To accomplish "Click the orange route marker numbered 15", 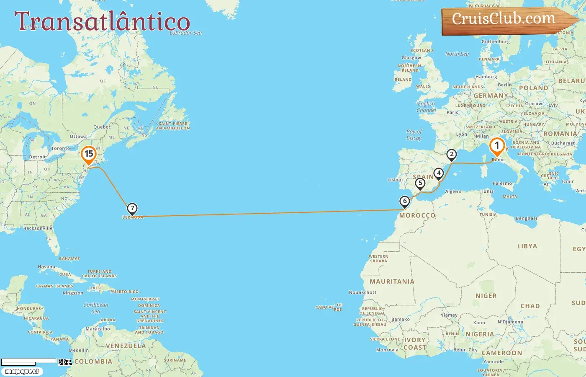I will click(89, 154).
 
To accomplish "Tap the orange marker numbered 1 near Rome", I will click(497, 146).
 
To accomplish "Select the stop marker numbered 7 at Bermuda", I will click(132, 208).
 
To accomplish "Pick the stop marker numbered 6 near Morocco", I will click(405, 201).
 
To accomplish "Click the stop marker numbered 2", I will click(451, 155).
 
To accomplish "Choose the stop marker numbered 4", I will click(438, 173).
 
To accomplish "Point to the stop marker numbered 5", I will click(420, 183).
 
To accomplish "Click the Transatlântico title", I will click(103, 21).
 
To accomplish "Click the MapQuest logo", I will click(22, 372).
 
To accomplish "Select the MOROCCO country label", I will click(417, 215).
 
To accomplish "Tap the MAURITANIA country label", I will click(392, 281).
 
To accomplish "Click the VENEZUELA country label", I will click(126, 346).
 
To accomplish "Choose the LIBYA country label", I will click(527, 246).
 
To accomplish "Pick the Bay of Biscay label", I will click(414, 135).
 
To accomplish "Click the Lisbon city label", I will click(395, 180).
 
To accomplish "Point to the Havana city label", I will click(46, 267).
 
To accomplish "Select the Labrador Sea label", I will click(185, 33).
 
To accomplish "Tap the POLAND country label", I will click(533, 88).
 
